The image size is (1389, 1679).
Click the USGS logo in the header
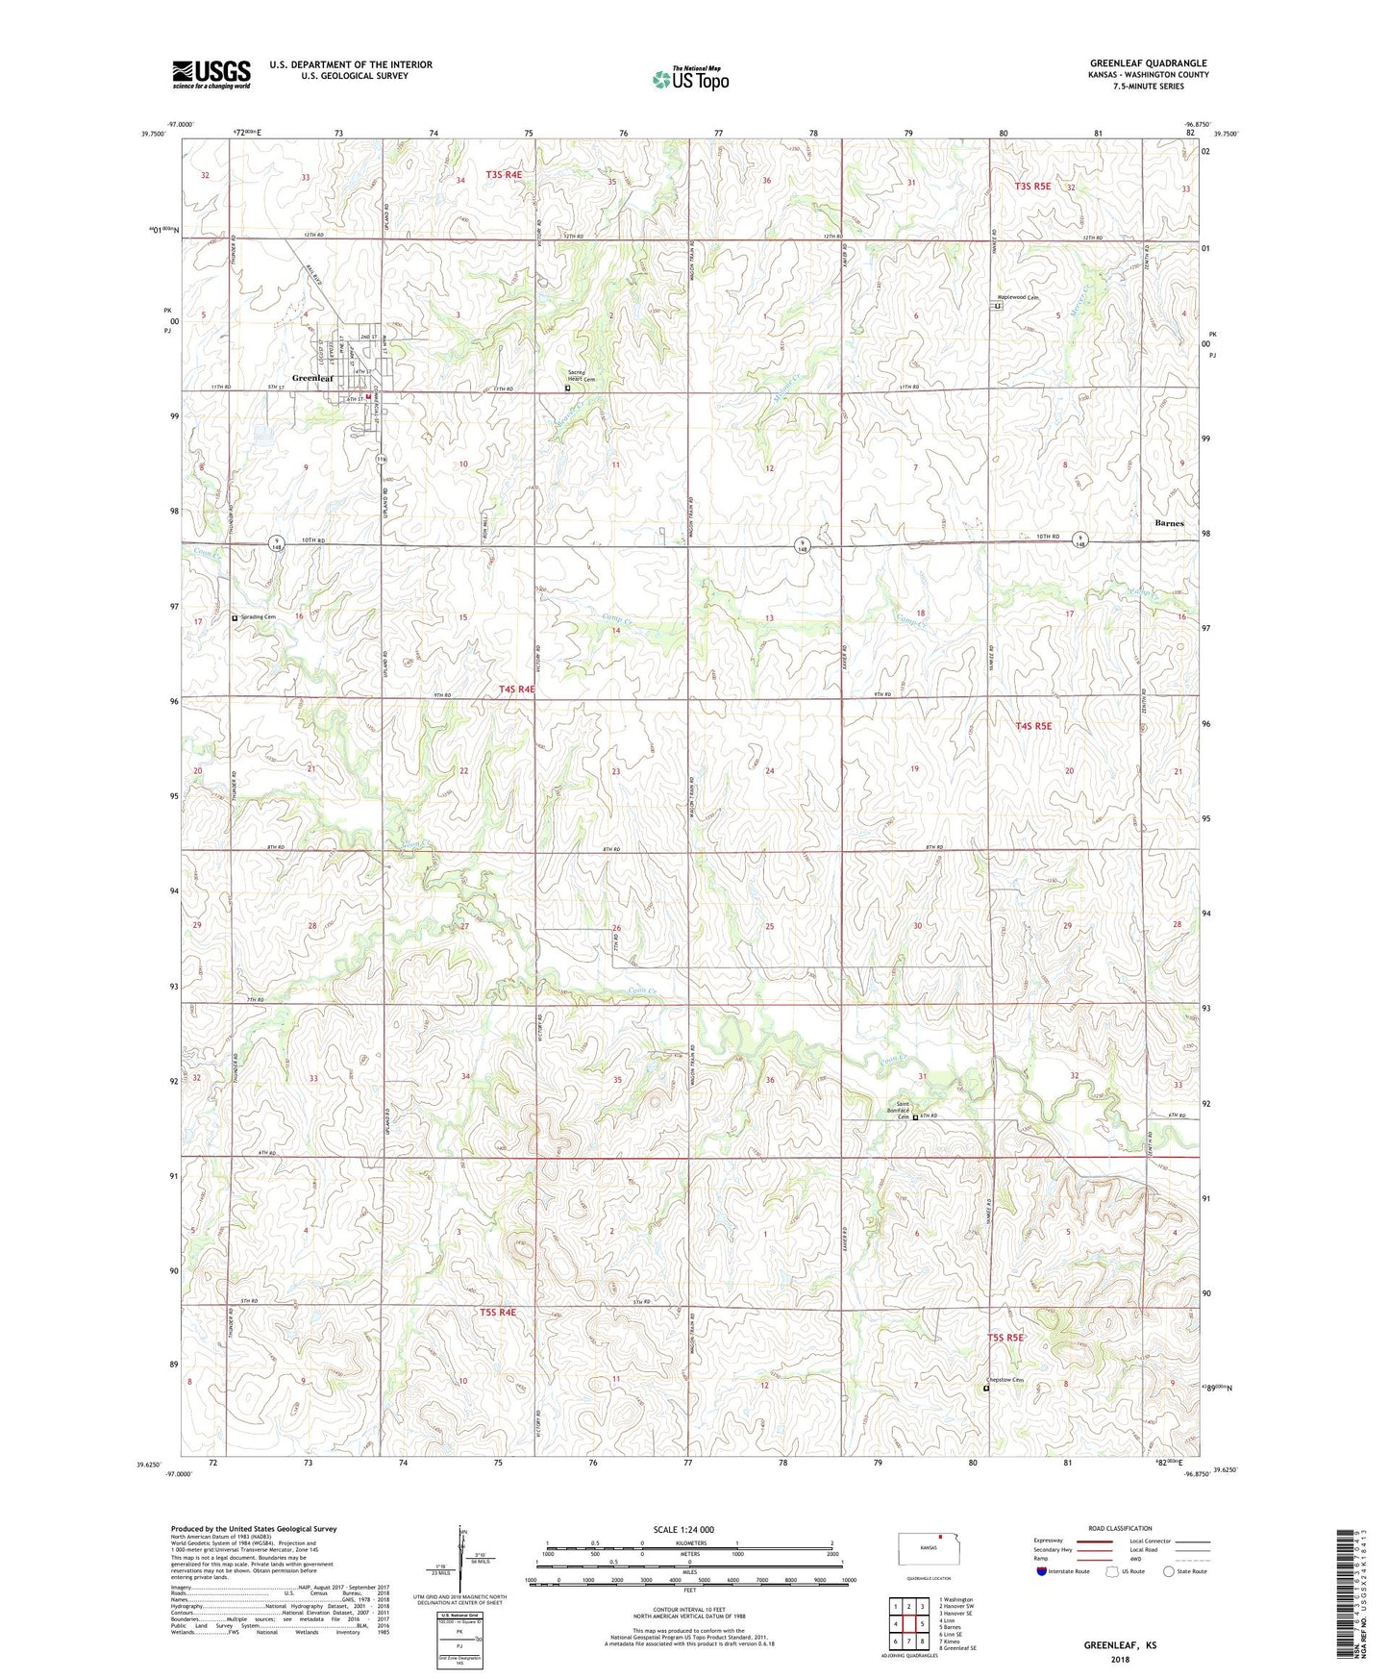211,74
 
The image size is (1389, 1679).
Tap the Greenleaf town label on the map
312,378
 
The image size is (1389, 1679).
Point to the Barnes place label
1169,523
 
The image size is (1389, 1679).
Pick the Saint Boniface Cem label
903,1110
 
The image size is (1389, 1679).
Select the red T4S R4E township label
517,689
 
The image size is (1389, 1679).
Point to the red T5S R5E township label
1005,1338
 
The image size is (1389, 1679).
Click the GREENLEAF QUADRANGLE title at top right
1148,63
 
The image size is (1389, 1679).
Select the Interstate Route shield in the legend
1042,1572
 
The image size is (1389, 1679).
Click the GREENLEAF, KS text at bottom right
1120,1644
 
